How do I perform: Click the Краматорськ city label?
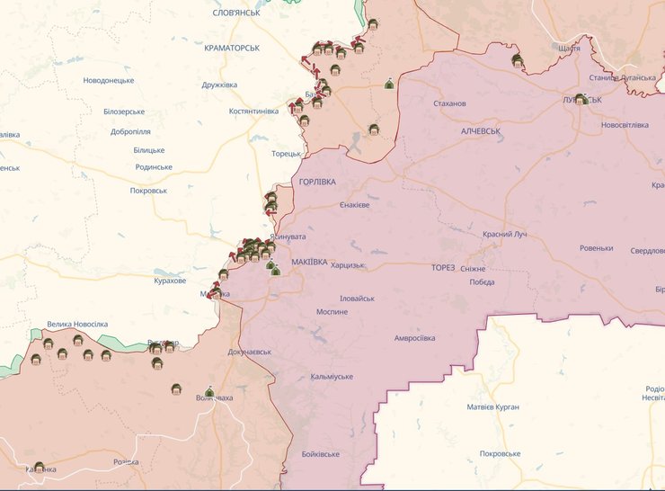point(232,48)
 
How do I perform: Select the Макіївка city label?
point(309,263)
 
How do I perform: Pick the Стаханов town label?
point(449,103)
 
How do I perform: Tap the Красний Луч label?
point(503,234)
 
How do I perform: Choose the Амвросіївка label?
point(414,338)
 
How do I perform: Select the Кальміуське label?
point(332,376)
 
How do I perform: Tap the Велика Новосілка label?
point(77,324)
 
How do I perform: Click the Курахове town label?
point(170,281)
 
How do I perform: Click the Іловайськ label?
point(357,299)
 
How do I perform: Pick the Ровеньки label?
point(596,248)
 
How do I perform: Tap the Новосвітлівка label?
point(624,125)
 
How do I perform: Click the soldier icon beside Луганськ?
point(581,99)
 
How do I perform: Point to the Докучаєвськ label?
point(250,352)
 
